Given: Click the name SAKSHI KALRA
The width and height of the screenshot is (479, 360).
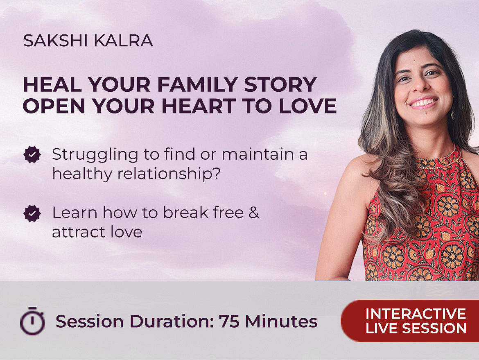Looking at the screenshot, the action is pos(88,41).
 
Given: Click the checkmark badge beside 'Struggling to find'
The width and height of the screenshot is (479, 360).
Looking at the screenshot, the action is pos(32,155).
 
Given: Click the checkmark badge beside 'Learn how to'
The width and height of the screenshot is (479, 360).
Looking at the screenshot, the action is pos(32,213).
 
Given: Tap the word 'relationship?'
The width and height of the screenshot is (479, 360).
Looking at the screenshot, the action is pos(169,174).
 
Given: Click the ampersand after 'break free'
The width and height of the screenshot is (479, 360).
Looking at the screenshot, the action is pos(254,213).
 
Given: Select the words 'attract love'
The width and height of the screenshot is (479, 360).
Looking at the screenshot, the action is pos(97,232).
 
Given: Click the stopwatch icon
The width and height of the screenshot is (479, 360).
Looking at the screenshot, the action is pos(32,321).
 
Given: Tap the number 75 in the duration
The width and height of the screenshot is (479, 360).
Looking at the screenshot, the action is pos(229,322).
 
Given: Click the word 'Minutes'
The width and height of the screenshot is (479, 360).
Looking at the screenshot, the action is pos(281,322).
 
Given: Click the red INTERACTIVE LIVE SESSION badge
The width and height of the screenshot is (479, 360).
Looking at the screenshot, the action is pos(410,321).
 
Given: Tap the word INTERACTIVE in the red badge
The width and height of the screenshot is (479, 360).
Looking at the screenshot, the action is pos(416,314).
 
